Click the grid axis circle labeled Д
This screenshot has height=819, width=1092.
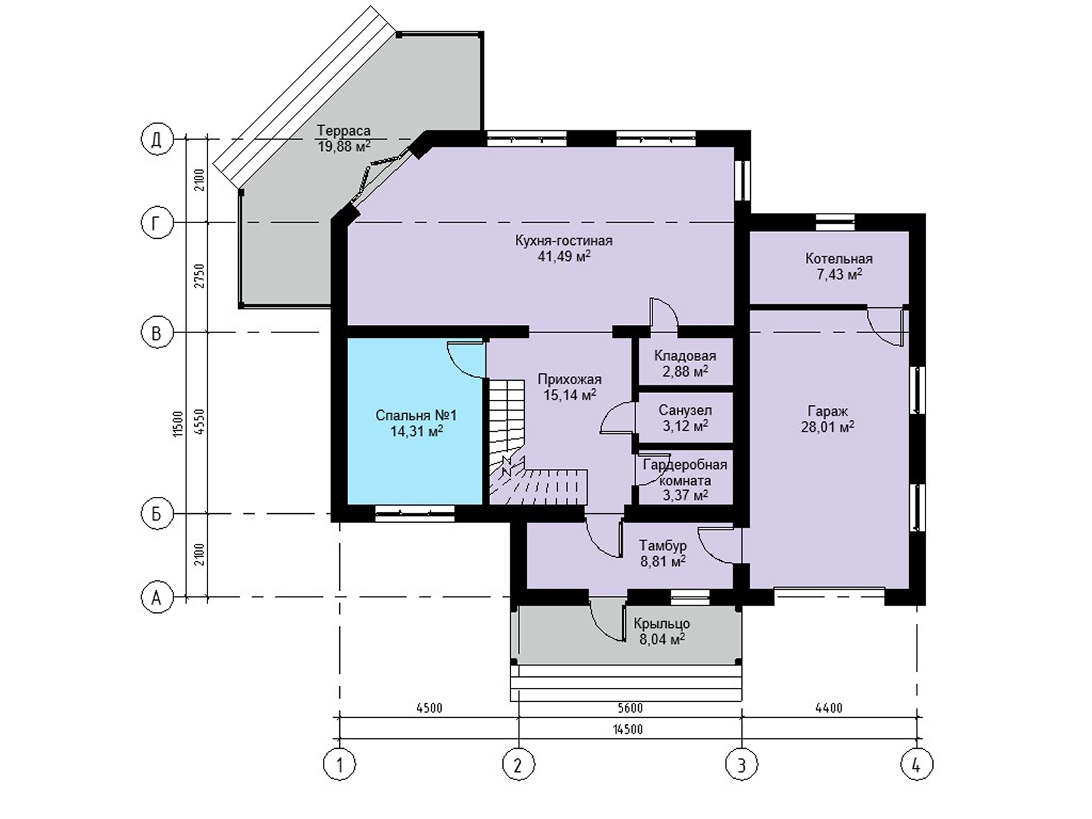point(157,140)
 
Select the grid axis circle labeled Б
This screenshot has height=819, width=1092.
point(157,514)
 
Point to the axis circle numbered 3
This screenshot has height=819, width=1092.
point(742,764)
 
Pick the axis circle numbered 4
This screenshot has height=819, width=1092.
point(917,764)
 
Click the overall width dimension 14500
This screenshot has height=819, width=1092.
point(628,730)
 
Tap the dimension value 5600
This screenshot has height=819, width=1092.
point(630,708)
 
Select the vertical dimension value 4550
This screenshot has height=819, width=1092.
point(199,422)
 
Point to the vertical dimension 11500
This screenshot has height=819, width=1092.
point(178,424)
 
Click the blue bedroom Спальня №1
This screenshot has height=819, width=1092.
point(416,422)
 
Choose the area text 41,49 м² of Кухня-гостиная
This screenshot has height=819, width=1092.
point(564,256)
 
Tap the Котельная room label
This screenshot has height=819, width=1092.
point(839,259)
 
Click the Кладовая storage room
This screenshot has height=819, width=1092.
point(685,362)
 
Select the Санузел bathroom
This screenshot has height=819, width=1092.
point(685,417)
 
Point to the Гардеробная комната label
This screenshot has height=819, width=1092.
point(685,473)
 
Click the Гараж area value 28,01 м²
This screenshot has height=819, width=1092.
point(828,427)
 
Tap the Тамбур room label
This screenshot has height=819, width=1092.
point(663,545)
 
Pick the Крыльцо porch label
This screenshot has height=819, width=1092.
point(661,623)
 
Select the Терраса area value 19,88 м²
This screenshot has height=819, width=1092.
point(344,146)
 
